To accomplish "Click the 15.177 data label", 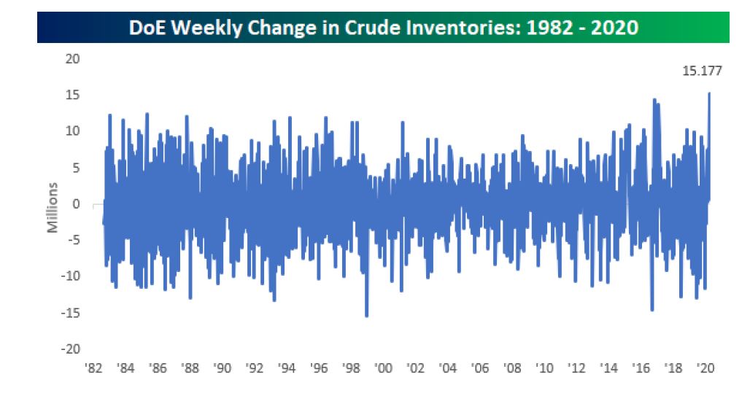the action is click(x=702, y=71).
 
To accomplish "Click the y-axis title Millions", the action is click(x=52, y=208).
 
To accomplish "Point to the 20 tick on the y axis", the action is click(x=73, y=59).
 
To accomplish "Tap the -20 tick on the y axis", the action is click(x=70, y=349).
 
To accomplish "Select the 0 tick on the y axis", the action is click(x=76, y=204).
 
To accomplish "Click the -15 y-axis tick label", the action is click(x=70, y=313).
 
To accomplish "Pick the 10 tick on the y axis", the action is click(x=73, y=131).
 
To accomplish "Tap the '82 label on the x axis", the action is click(x=93, y=368).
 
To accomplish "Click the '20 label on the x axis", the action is click(x=705, y=368).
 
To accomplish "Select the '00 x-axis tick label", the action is click(x=382, y=368).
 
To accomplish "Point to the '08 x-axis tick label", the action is click(x=512, y=368).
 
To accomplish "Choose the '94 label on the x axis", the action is click(x=287, y=368).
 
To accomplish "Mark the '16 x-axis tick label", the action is click(x=641, y=368).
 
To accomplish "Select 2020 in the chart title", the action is click(x=614, y=28).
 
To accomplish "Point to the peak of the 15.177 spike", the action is click(x=709, y=93).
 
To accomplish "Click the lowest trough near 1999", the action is click(x=366, y=316).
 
